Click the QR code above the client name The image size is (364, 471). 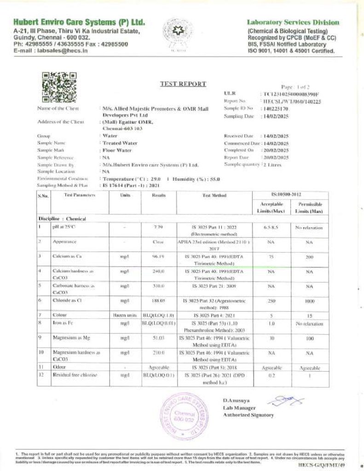click(x=59, y=87)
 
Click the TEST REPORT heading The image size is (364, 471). click(x=177, y=84)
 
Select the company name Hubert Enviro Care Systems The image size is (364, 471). click(x=79, y=22)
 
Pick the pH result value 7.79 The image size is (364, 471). click(x=157, y=227)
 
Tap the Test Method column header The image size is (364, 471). click(x=214, y=195)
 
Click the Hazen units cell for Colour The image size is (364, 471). click(x=124, y=315)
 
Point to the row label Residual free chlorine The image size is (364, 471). click(x=68, y=375)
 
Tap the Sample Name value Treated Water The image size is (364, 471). click(x=118, y=143)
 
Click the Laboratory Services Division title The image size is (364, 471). click(x=293, y=22)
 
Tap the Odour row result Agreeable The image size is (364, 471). click(x=158, y=368)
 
